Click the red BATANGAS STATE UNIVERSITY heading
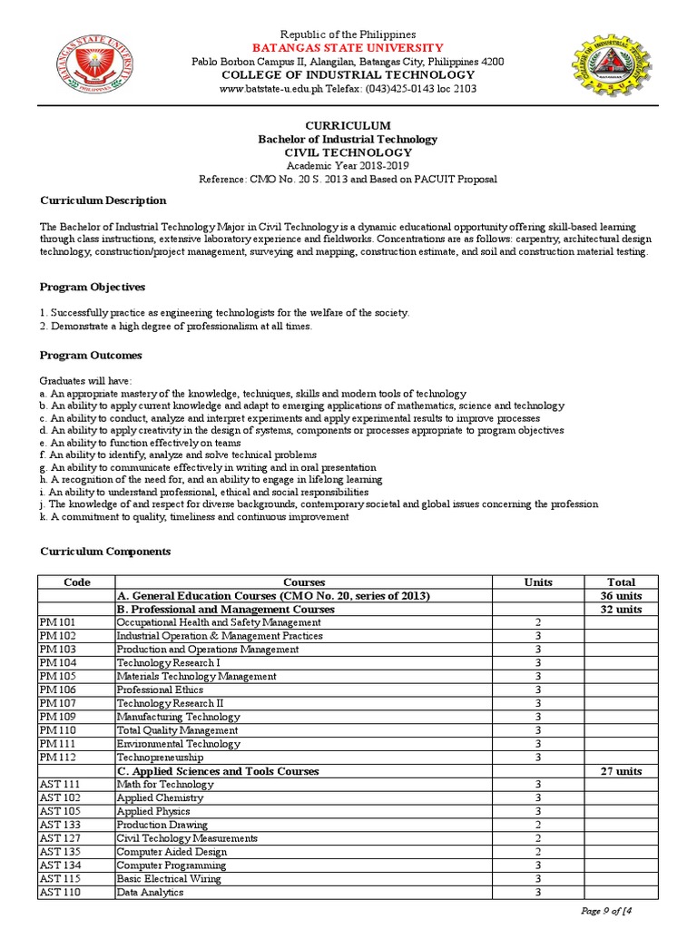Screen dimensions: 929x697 coord(348,47)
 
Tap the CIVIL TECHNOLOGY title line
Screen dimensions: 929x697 coord(348,152)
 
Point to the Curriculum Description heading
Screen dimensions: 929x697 coord(103,200)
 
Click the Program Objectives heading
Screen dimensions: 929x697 coord(92,287)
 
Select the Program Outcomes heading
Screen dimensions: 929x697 coord(90,356)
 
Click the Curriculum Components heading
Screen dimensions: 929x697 coord(104,552)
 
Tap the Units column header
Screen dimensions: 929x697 coord(537,582)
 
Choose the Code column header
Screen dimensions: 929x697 coord(76,582)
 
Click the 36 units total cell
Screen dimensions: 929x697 coord(621,596)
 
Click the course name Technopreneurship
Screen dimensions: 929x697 coord(160,758)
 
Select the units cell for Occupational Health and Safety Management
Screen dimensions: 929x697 coord(537,623)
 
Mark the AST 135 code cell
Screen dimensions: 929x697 coord(60,852)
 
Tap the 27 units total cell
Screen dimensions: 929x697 coord(621,771)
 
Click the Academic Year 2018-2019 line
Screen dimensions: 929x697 coord(348,166)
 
